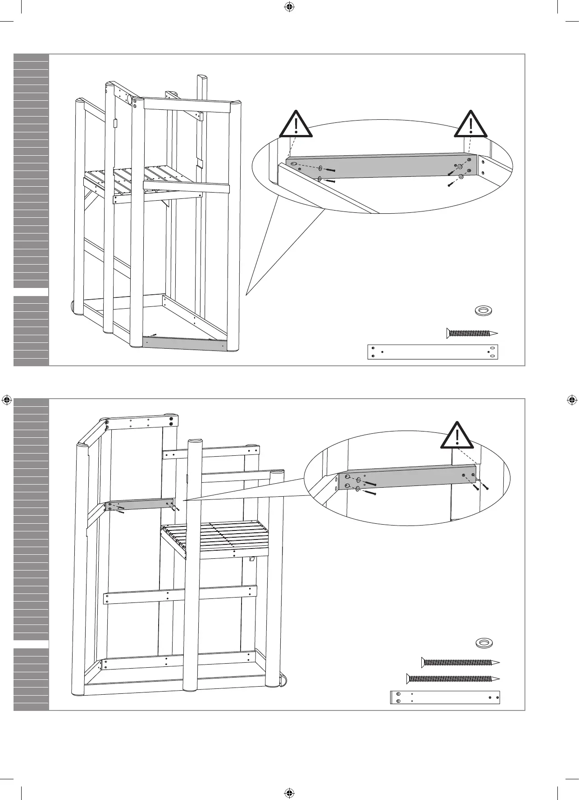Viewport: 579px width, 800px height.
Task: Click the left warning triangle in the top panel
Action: coord(296,125)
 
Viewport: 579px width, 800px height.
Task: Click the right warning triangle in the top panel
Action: coord(471,125)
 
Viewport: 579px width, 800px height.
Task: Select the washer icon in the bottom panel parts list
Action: coord(484,643)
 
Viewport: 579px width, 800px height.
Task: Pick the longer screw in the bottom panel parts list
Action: coord(453,678)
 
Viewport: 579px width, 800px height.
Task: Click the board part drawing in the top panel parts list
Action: coord(433,352)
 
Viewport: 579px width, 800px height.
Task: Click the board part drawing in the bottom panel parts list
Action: coord(445,697)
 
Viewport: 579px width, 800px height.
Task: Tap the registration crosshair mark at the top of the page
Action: coord(289,7)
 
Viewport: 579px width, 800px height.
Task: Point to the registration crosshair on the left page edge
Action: coord(7,399)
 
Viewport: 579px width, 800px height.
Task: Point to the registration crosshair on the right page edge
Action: coord(572,399)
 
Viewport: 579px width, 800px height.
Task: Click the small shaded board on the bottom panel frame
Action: coord(140,504)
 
